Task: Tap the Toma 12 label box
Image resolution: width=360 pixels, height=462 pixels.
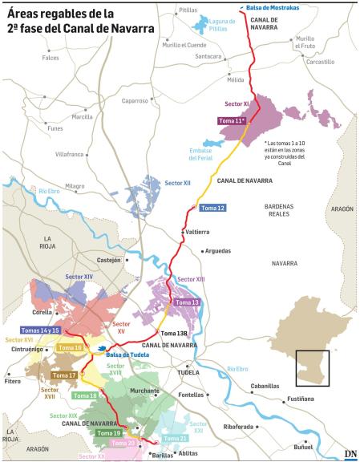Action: pos(211,208)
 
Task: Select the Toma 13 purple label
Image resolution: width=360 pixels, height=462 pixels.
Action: pos(185,302)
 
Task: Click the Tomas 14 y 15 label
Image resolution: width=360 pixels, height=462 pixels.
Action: pos(40,330)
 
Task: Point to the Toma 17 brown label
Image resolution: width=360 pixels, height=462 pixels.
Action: pos(64,375)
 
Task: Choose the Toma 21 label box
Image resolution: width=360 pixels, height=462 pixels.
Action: pos(176,439)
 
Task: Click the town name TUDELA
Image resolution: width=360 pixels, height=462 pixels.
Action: pos(188,373)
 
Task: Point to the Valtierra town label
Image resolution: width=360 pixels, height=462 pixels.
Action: pos(196,231)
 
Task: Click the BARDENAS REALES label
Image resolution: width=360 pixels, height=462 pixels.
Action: pos(280,210)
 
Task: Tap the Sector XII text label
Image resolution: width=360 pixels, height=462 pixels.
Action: pos(177,184)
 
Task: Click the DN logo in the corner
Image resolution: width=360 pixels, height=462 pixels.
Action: pos(350,454)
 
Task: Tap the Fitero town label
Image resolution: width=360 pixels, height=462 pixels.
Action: pos(12,381)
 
